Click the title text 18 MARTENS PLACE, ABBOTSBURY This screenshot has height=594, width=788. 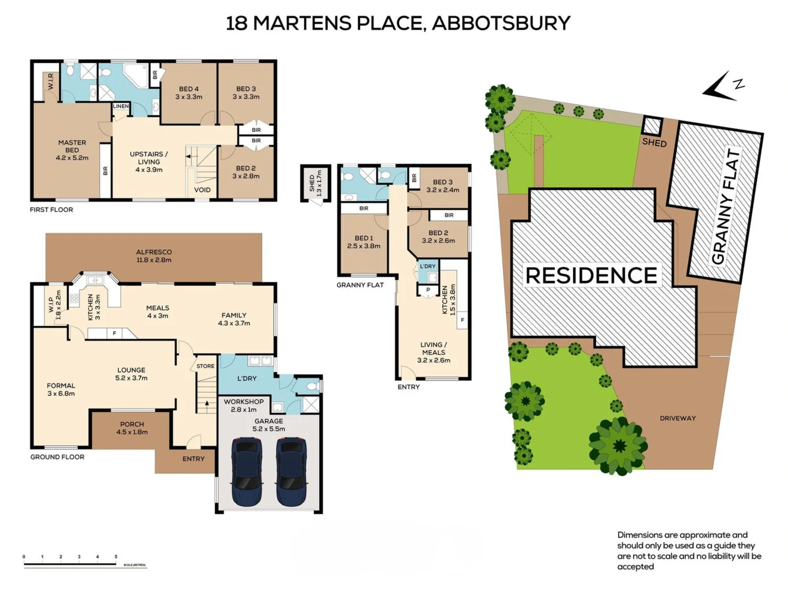[398, 23]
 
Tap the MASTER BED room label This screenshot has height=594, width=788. [72, 150]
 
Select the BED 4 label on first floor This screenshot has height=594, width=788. [189, 92]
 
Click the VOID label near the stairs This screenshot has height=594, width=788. [202, 190]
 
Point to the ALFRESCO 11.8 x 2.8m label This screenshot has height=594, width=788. [154, 256]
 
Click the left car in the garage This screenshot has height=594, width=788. [247, 471]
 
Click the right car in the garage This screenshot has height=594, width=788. [291, 471]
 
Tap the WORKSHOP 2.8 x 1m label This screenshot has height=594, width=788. [243, 405]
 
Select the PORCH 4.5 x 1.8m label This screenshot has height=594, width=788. [132, 428]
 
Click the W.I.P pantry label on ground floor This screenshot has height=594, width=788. [54, 305]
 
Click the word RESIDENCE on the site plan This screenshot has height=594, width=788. [592, 276]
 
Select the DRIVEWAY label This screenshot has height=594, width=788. [677, 418]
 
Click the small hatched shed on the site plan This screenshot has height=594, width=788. [652, 126]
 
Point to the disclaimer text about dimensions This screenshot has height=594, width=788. [689, 551]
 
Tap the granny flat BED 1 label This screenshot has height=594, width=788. [363, 242]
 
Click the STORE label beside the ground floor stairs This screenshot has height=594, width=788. [205, 366]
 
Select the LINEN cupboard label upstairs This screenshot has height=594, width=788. [121, 106]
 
